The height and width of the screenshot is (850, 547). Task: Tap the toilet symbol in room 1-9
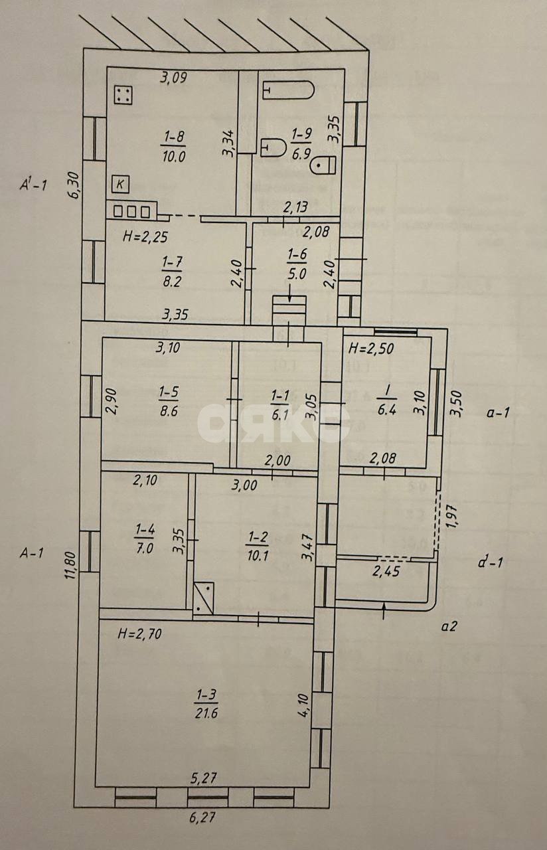pyautogui.click(x=325, y=163)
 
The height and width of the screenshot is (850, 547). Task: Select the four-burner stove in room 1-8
pyautogui.click(x=123, y=95)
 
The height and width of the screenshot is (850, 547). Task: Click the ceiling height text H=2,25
pyautogui.click(x=145, y=235)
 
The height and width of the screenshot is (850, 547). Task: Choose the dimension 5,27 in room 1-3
pyautogui.click(x=204, y=778)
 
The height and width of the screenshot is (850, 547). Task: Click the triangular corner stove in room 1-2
pyautogui.click(x=204, y=596)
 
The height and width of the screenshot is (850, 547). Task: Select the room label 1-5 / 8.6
pyautogui.click(x=168, y=403)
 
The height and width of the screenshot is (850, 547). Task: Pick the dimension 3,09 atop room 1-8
pyautogui.click(x=174, y=78)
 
